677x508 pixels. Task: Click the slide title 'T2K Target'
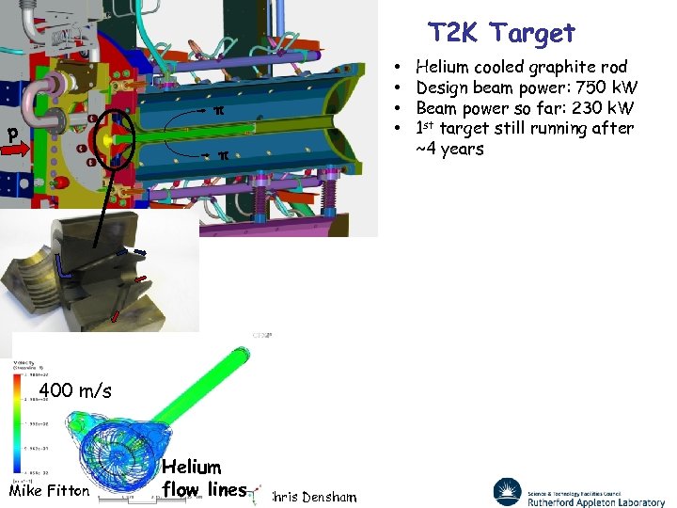(x=501, y=33)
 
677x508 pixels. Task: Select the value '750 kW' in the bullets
(x=606, y=87)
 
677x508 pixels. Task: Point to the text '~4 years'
(x=449, y=149)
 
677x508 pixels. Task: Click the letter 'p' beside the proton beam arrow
(x=13, y=134)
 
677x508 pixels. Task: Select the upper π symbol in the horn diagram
(x=218, y=111)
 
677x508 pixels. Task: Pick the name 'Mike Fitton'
(x=49, y=490)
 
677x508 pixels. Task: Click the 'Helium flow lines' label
(x=203, y=478)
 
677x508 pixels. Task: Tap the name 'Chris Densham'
(x=314, y=496)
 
